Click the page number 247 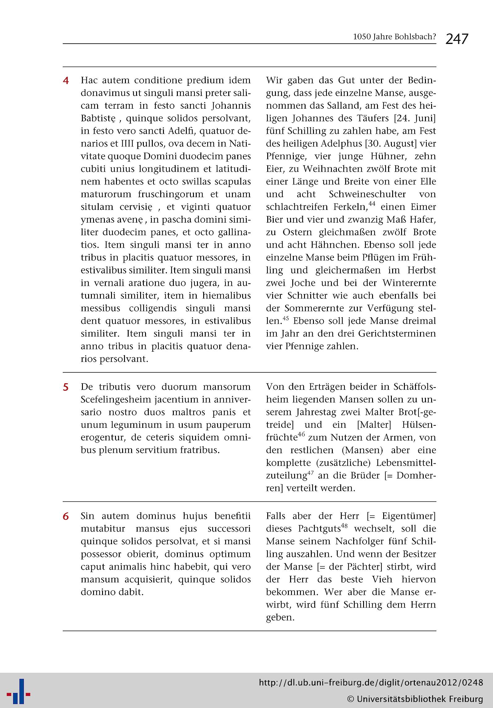(457, 39)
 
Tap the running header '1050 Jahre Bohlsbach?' (394, 37)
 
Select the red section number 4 (66, 80)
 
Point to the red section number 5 (66, 387)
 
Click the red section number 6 (66, 516)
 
